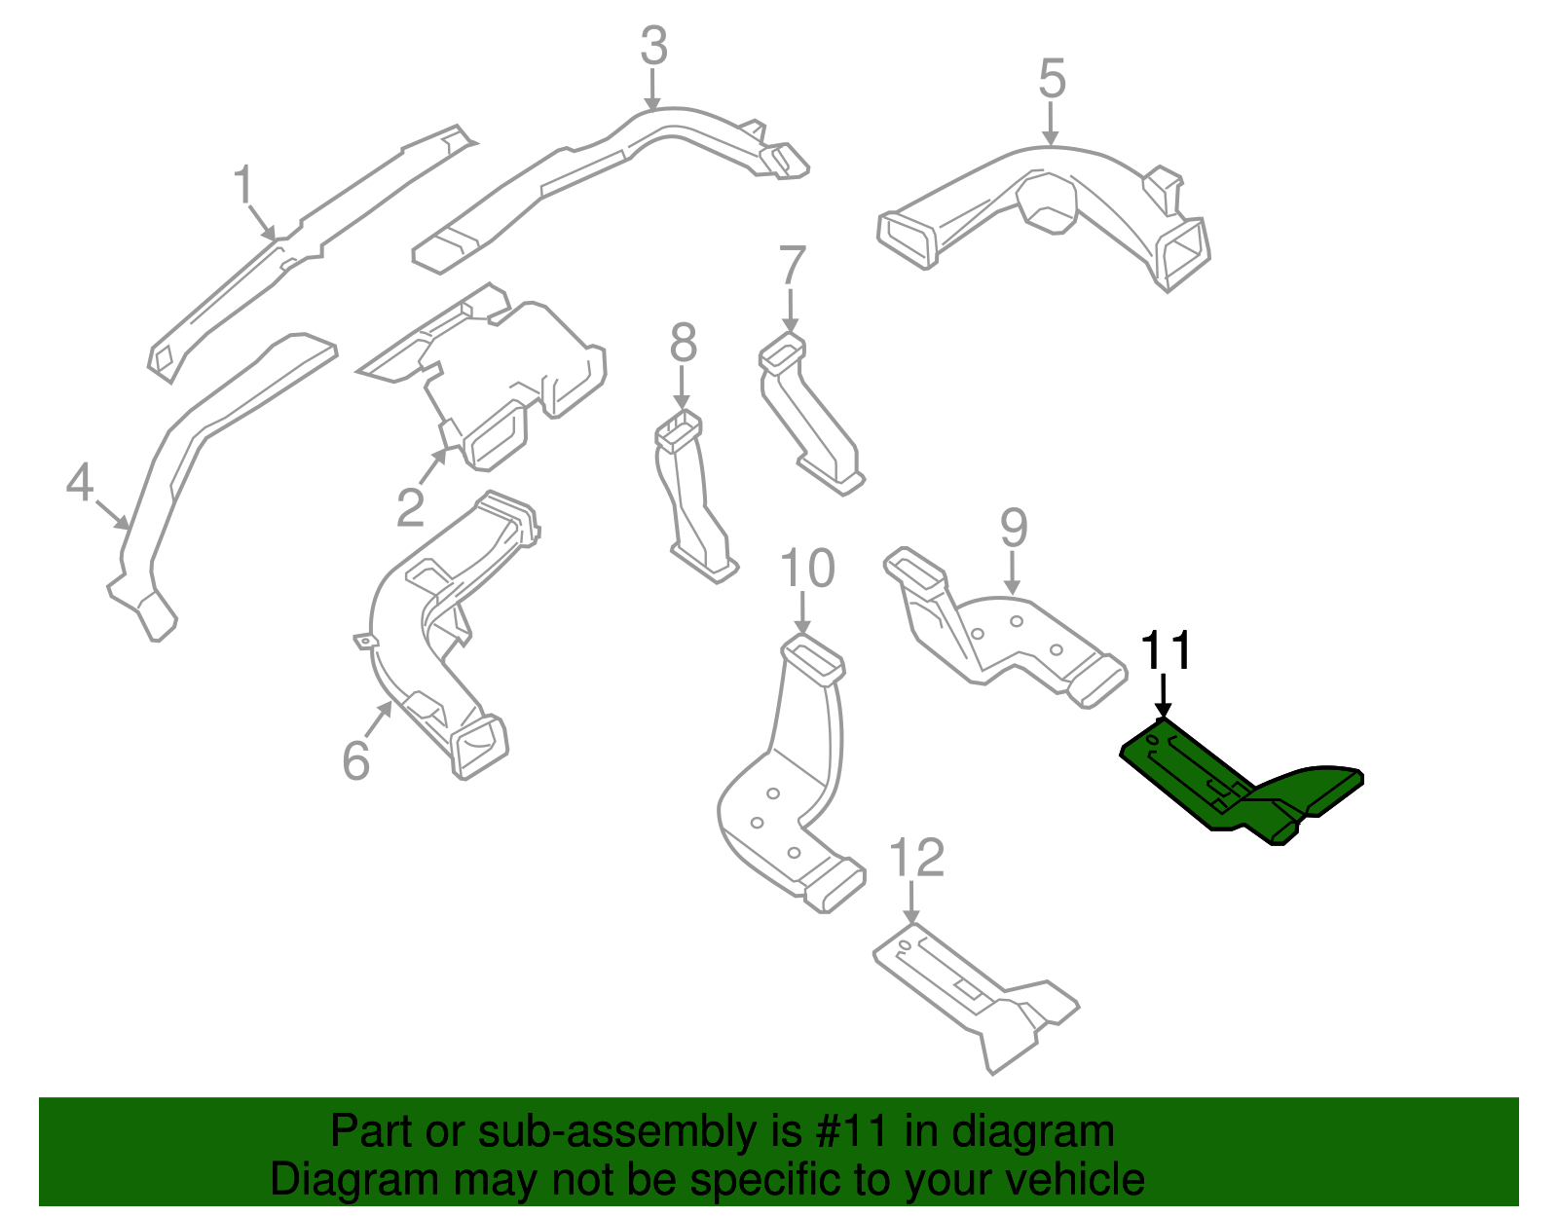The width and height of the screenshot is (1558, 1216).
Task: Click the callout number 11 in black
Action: click(1166, 650)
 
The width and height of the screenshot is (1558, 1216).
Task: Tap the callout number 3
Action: click(654, 47)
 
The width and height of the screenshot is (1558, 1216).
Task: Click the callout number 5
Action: click(1052, 79)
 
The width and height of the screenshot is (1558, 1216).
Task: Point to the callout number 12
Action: click(917, 858)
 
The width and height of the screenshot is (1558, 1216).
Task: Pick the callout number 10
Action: click(807, 569)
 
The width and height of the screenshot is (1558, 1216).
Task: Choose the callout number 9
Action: click(1014, 528)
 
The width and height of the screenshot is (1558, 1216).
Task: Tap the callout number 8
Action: click(684, 344)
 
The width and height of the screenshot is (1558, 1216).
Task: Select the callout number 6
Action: click(356, 760)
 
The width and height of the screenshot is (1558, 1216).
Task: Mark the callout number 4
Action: click(80, 483)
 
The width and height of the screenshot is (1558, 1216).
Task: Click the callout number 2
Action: click(410, 507)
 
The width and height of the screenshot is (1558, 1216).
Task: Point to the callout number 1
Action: click(243, 185)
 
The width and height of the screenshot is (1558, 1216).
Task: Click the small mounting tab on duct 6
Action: click(364, 641)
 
